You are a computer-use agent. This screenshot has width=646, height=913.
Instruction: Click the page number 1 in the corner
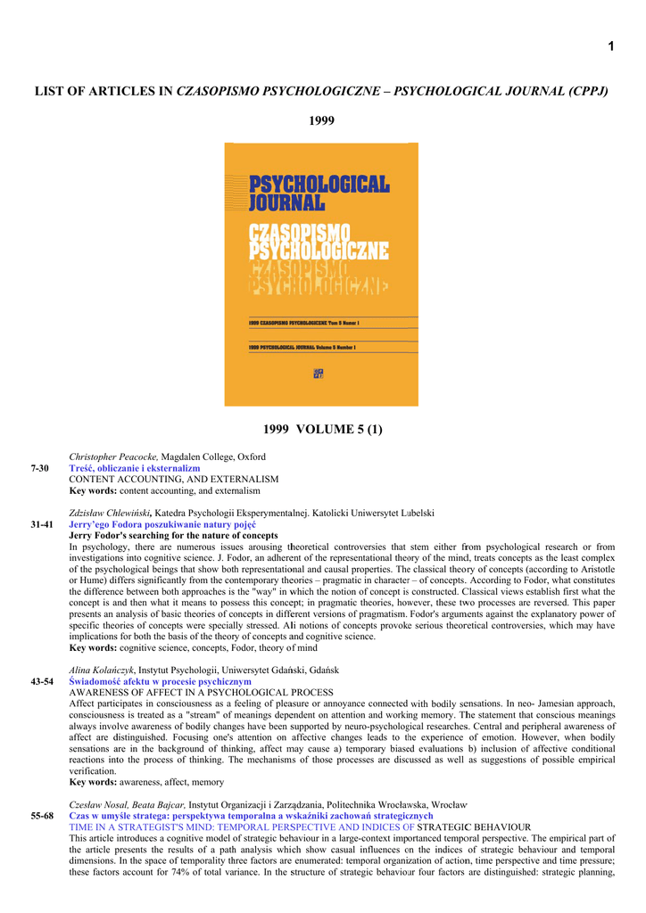point(611,47)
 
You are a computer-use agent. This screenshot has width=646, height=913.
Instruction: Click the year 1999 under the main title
point(321,120)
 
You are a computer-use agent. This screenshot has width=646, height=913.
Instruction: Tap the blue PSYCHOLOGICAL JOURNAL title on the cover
point(319,194)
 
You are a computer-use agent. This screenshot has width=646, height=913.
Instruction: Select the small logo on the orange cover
point(319,374)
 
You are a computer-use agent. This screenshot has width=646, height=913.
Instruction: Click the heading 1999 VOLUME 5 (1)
point(321,430)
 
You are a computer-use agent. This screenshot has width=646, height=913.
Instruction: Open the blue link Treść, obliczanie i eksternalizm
point(135,468)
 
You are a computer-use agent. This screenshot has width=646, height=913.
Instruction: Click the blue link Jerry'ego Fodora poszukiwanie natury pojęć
point(162,525)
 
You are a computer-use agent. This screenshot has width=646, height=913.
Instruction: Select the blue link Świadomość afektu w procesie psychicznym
point(161,681)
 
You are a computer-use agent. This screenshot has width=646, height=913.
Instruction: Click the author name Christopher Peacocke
point(112,456)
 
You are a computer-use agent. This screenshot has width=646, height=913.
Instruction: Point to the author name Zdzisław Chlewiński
point(111,514)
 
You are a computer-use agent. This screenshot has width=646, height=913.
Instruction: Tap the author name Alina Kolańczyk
point(102,670)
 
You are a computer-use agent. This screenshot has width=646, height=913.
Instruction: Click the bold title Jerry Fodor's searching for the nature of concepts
point(174,537)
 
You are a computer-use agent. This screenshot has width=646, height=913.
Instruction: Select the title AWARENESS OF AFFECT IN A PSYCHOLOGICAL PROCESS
point(202,693)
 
